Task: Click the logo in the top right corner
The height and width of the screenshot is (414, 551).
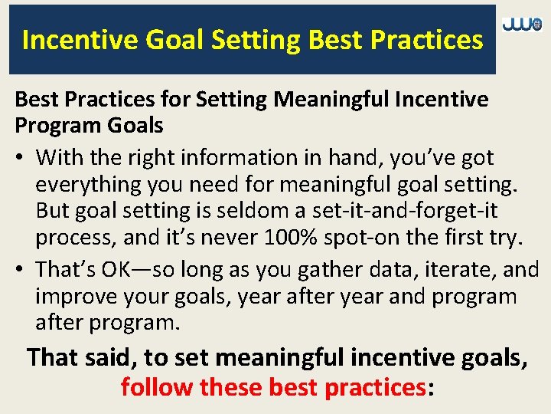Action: (x=522, y=25)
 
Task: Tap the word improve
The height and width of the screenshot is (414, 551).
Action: (x=80, y=297)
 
